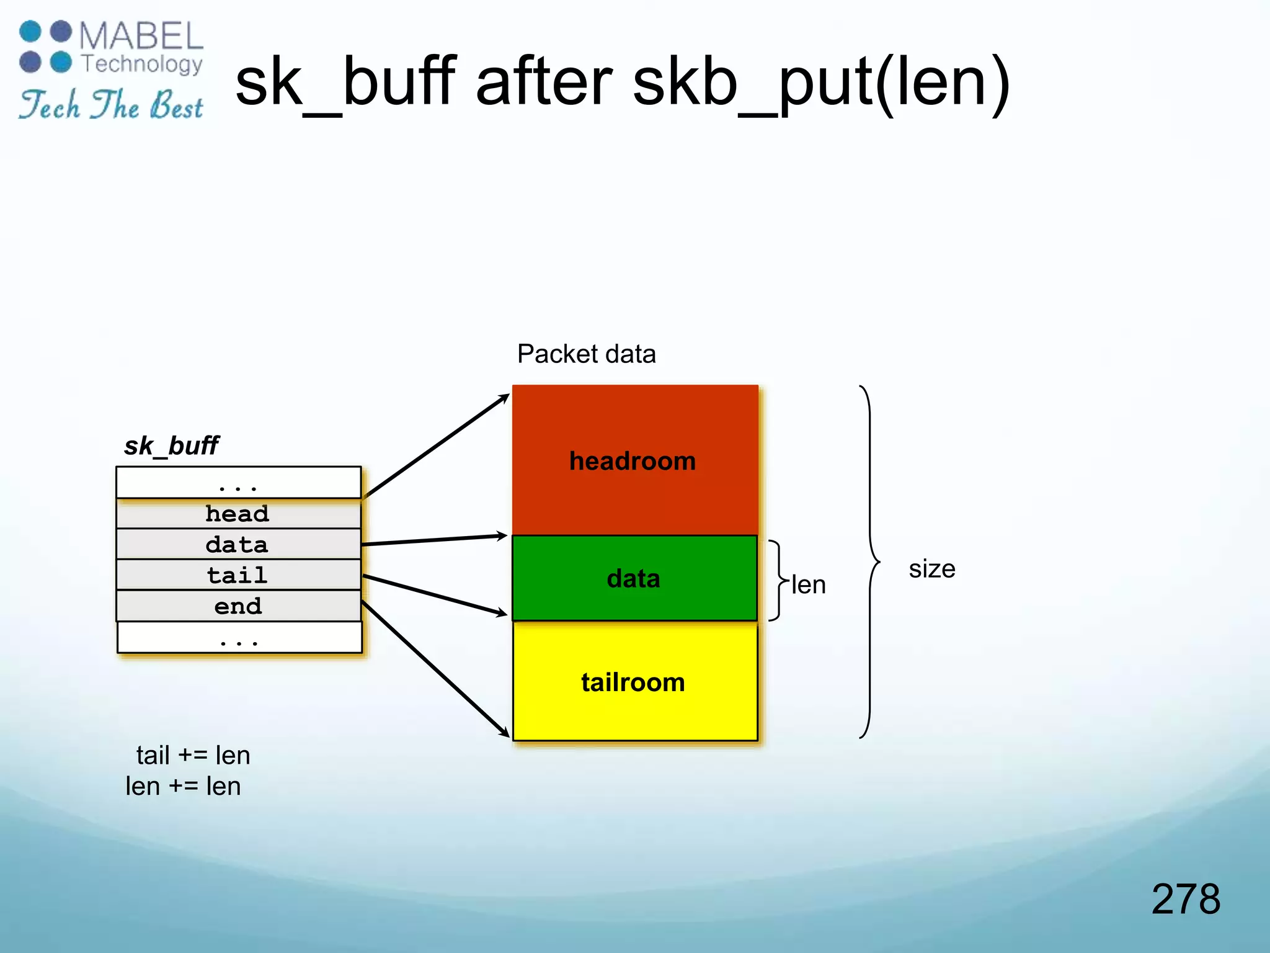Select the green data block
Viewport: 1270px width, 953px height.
[x=634, y=578]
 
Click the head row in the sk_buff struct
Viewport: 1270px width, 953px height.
[x=238, y=514]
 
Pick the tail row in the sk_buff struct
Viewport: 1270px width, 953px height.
[x=238, y=575]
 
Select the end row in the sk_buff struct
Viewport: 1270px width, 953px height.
[x=238, y=606]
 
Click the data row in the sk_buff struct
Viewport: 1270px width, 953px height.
[x=238, y=545]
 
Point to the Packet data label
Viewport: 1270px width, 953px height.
[x=586, y=354]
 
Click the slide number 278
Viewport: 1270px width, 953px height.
[x=1185, y=898]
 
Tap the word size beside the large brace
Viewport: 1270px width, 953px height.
[x=931, y=569]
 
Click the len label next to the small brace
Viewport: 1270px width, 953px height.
[x=808, y=585]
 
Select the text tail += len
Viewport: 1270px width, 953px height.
[x=193, y=755]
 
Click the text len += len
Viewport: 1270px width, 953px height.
[x=183, y=786]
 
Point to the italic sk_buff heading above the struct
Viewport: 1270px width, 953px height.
[x=171, y=445]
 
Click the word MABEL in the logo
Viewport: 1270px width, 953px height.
[x=141, y=36]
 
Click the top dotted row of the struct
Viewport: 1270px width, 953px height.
[x=238, y=483]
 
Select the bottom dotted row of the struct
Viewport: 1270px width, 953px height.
[x=239, y=637]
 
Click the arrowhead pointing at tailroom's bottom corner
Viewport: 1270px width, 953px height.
[x=505, y=733]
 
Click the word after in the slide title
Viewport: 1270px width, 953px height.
[x=544, y=82]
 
